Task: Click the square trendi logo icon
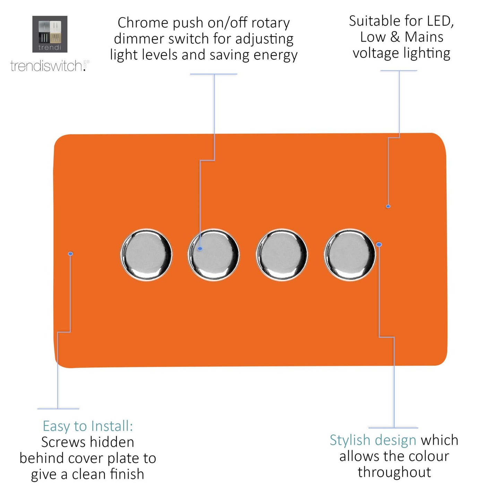click(50, 34)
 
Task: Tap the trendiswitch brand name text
click(47, 66)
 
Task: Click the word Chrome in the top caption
click(143, 23)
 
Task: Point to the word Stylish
click(350, 440)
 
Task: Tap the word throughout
click(394, 472)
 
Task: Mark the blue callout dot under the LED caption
click(388, 206)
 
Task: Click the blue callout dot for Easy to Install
click(70, 254)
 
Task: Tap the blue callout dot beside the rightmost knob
click(379, 244)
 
